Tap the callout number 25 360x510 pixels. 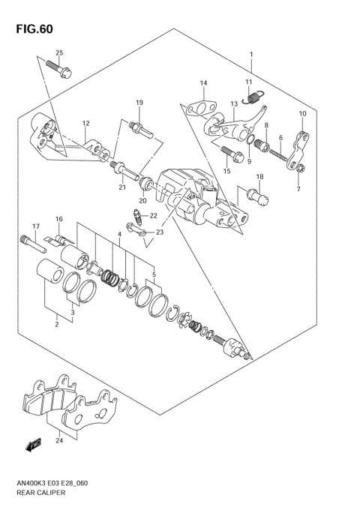[x=59, y=52]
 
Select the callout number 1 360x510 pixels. [x=251, y=55]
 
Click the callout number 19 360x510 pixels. [x=139, y=103]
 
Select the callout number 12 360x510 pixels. [x=85, y=124]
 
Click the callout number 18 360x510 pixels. [x=259, y=177]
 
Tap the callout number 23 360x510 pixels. [x=158, y=233]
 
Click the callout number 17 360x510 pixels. [x=34, y=226]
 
